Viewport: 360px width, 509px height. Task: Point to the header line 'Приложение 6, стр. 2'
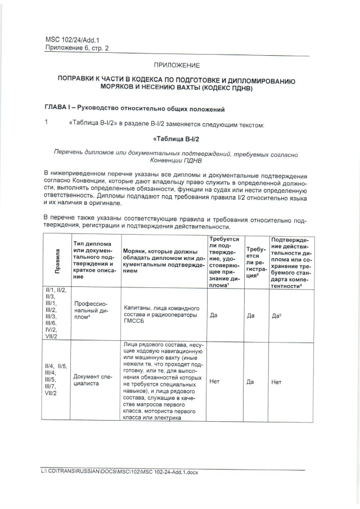76,48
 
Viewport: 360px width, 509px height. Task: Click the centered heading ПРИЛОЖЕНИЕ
177,66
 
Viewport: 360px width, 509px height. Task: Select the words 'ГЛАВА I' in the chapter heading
58,107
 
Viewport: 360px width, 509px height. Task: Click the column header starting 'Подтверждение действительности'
291,259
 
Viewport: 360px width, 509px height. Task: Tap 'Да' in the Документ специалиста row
251,381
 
